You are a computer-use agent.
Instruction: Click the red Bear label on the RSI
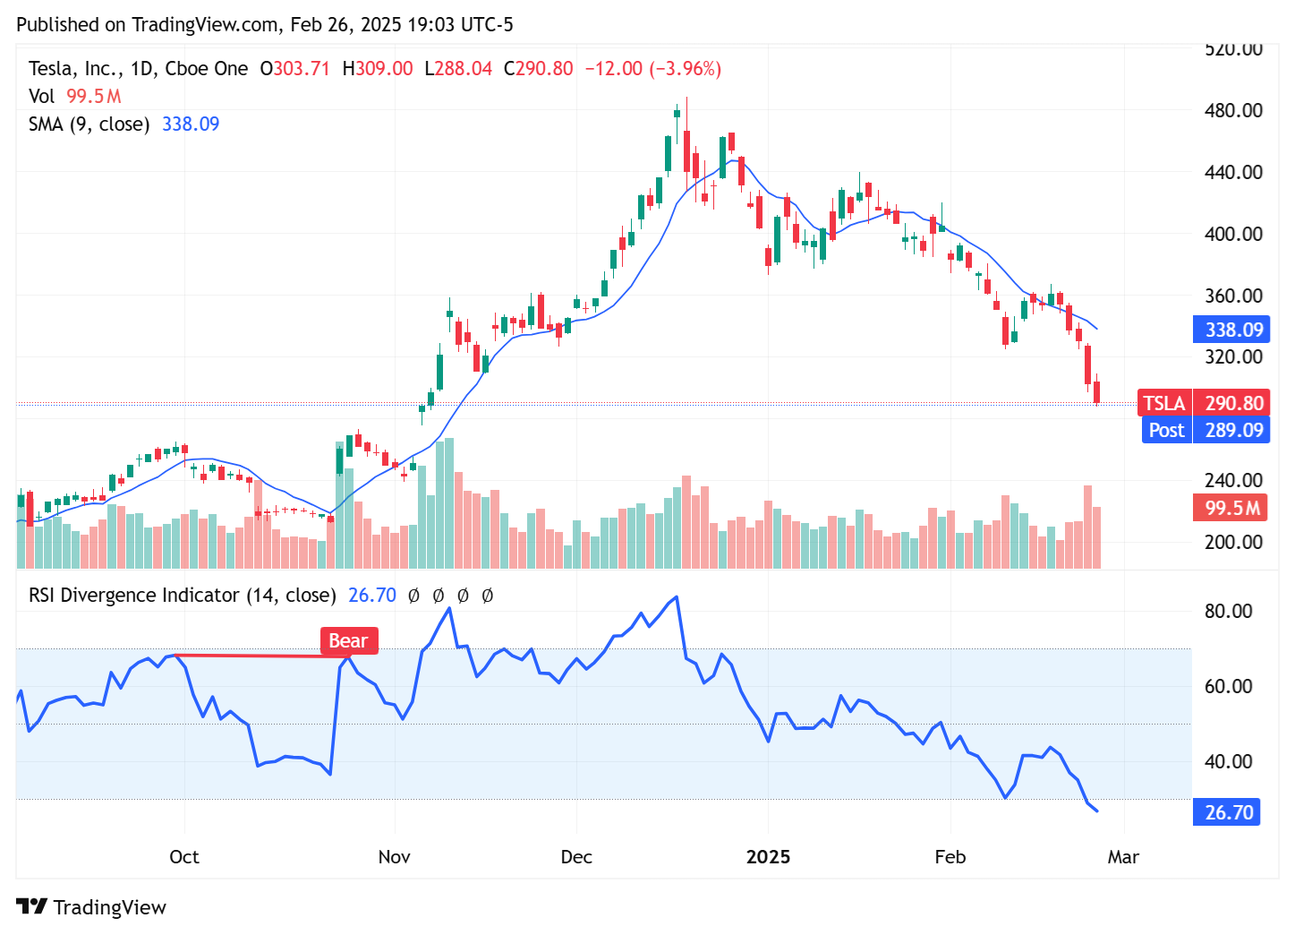pos(348,640)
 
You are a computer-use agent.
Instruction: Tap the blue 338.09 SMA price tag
pos(1231,330)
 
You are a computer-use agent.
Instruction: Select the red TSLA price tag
pos(1164,403)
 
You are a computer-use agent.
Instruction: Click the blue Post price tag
pos(1166,430)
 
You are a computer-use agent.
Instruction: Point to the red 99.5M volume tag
pos(1231,508)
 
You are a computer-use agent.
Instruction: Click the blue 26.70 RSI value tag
pos(1227,812)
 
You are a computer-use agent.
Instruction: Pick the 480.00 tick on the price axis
pos(1233,110)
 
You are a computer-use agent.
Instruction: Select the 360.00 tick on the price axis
pos(1233,296)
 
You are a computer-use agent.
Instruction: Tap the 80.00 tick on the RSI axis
pos(1228,611)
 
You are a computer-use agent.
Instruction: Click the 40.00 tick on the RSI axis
pos(1228,761)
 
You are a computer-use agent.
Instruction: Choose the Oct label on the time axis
pos(184,857)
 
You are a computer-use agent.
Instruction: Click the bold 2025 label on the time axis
pos(768,857)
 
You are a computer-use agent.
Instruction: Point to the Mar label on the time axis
pos(1123,857)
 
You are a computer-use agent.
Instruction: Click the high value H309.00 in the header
pos(378,69)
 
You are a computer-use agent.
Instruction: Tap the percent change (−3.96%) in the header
pos(685,69)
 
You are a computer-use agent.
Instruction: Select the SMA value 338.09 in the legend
pos(191,124)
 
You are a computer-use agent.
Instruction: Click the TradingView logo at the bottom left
pos(91,907)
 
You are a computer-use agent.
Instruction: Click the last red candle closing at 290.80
pos(1096,392)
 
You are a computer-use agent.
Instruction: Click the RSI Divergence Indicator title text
pos(182,596)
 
